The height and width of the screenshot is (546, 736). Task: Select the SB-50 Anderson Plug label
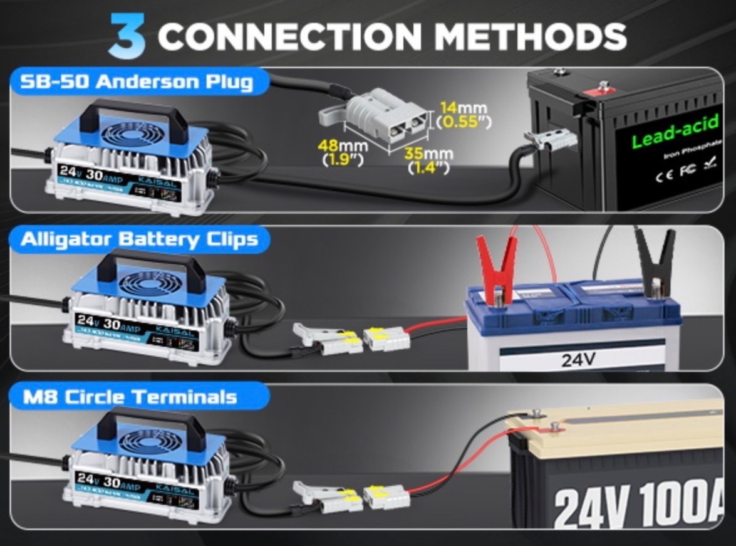tap(136, 81)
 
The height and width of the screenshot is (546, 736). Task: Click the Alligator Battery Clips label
tap(139, 239)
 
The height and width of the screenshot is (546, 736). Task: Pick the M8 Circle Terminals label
tap(129, 396)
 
